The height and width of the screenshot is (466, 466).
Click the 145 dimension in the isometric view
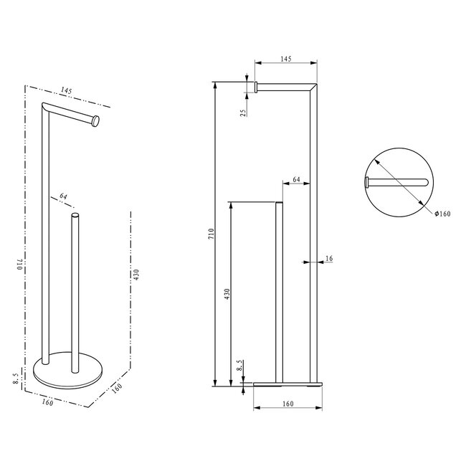click(x=66, y=91)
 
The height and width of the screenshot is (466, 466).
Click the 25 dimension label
click(x=244, y=112)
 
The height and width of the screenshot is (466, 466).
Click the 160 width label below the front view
click(x=287, y=404)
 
